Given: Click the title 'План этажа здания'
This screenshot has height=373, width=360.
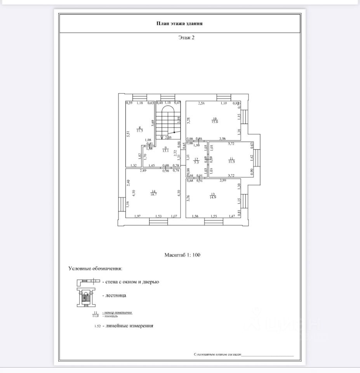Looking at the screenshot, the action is [179, 24].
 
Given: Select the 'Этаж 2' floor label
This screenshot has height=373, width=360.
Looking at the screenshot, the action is [186, 38].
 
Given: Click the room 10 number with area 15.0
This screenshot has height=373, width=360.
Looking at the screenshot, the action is [214, 120].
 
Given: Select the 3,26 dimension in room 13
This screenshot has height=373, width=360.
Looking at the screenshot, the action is [188, 198].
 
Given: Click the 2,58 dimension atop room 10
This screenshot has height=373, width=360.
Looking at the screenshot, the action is [202, 103].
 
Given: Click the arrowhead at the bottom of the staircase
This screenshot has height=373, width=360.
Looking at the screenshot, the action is [162, 137].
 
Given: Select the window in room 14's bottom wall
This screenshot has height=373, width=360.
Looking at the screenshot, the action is [158, 221].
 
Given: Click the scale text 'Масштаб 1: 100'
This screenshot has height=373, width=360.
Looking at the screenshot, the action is [182, 255].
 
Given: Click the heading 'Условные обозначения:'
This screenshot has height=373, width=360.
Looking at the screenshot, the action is [95, 268].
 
